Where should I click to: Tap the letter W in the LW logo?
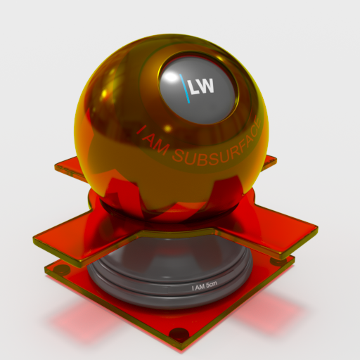(x=207, y=85)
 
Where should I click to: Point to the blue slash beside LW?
(x=185, y=89)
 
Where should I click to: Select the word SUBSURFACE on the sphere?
(x=218, y=148)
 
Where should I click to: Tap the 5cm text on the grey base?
(x=210, y=285)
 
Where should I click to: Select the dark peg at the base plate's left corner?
(x=60, y=269)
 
